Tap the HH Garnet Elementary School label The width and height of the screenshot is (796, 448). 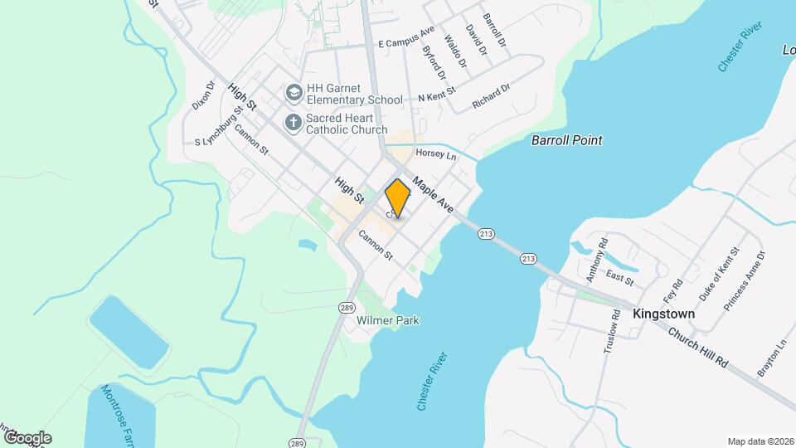[354, 94]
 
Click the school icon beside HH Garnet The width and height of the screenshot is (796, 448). [292, 92]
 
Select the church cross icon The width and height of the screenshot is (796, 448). [292, 124]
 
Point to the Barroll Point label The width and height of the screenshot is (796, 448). [566, 140]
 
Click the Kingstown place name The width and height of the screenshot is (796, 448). [663, 314]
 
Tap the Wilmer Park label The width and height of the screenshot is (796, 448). [388, 320]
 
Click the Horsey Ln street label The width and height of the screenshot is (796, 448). [436, 154]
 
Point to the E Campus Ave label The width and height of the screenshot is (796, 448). [406, 37]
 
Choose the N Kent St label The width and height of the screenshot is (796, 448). [437, 96]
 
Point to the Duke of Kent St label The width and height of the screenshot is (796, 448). [718, 273]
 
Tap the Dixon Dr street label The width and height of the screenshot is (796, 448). [202, 95]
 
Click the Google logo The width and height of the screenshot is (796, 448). [27, 437]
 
